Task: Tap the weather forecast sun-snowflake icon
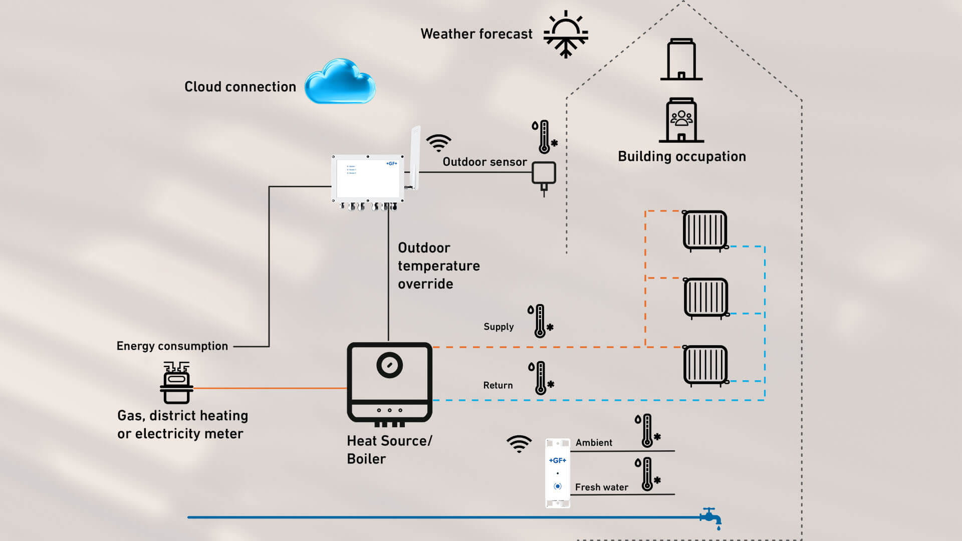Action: point(566,34)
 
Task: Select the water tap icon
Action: point(711,517)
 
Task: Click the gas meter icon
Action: point(176,383)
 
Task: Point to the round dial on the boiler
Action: point(389,365)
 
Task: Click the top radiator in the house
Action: point(705,230)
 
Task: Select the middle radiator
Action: point(706,298)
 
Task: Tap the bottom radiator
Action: point(705,365)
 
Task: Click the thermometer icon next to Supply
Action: point(540,321)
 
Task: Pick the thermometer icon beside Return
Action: point(541,378)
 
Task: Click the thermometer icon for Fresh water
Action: point(647,474)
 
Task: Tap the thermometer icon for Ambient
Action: point(647,430)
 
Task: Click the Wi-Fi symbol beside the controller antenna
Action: point(438,143)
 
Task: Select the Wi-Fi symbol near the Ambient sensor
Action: point(519,444)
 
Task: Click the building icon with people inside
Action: point(681,120)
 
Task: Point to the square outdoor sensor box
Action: point(544,173)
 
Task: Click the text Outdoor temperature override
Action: point(438,265)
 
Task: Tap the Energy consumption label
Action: point(172,346)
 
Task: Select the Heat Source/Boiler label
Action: point(389,449)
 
